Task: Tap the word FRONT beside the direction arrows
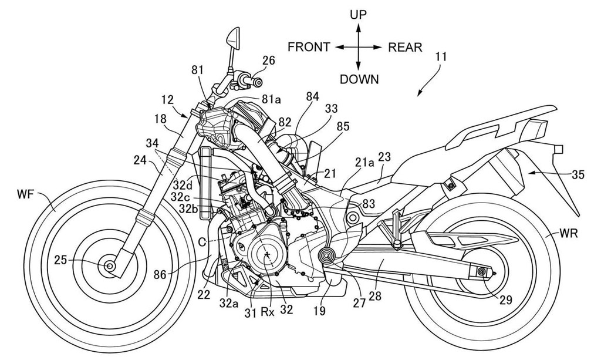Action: coord(309,48)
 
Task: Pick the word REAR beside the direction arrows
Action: coord(405,48)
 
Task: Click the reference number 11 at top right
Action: coord(441,58)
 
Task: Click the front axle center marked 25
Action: coord(110,266)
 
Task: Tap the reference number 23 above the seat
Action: coord(384,157)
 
